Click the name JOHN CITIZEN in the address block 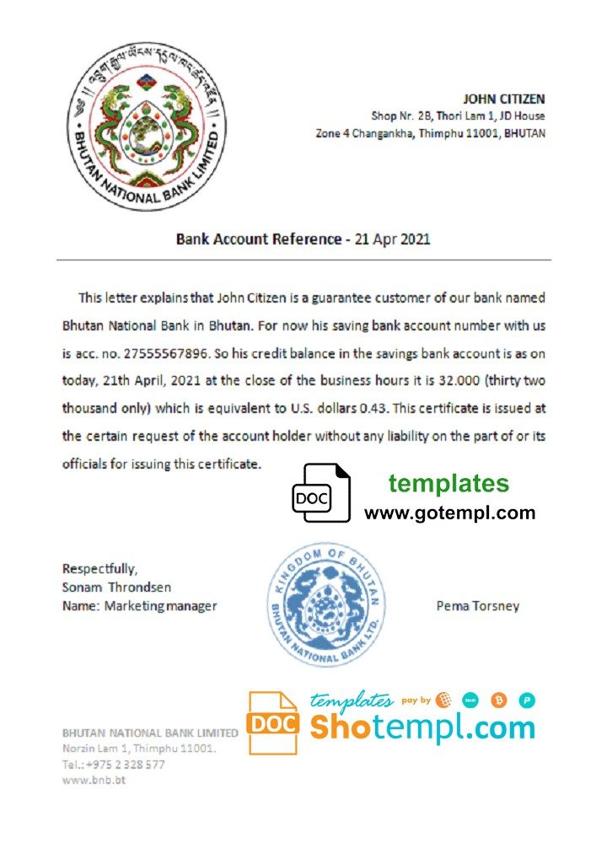pos(504,99)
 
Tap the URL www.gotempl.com pos(449,513)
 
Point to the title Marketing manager pos(160,606)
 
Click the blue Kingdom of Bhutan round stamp pos(325,604)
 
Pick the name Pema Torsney pos(478,605)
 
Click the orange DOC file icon pos(272,722)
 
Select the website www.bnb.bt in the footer pos(94,781)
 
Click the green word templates pos(449,483)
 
